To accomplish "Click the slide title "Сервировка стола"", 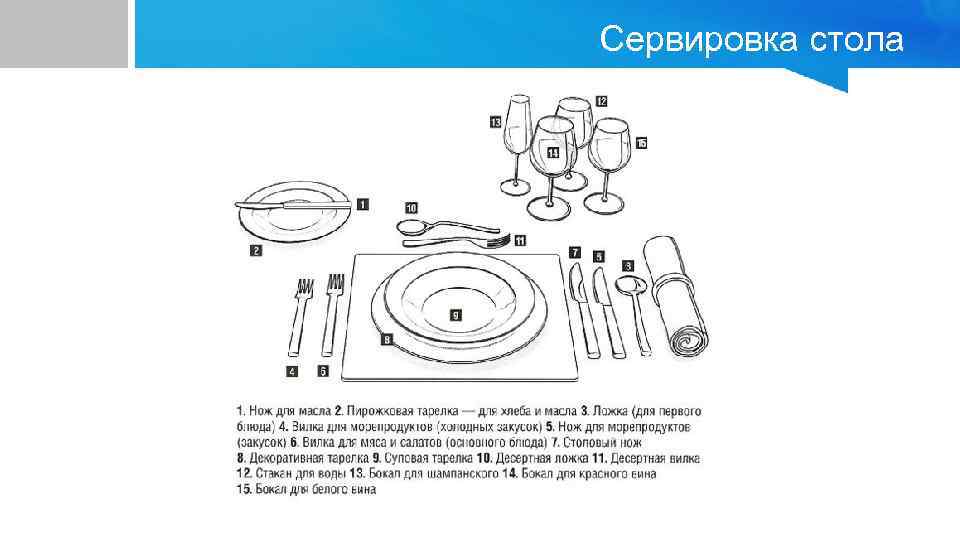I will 751,40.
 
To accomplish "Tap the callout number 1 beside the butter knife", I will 361,203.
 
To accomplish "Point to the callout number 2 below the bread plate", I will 256,251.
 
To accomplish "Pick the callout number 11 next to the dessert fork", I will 520,241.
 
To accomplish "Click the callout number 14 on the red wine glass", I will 553,152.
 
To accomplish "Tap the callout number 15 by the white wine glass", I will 641,143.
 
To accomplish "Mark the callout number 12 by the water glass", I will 601,101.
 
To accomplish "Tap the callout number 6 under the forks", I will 323,371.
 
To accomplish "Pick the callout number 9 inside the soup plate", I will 456,314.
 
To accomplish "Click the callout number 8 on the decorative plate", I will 385,340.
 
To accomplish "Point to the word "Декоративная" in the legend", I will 285,458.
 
